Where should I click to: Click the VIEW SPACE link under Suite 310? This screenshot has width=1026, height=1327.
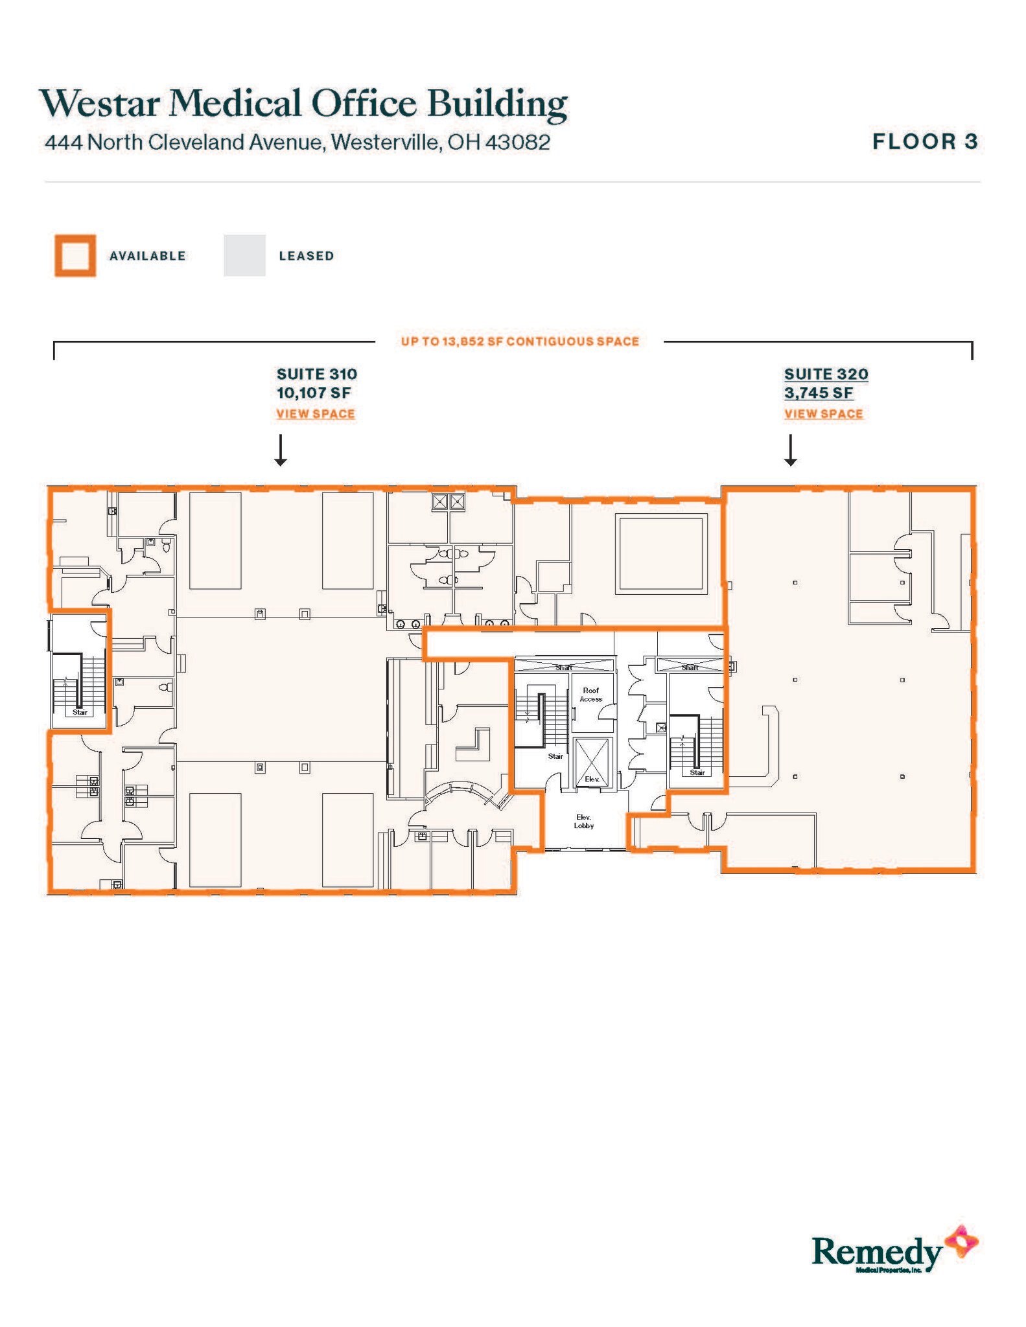[316, 413]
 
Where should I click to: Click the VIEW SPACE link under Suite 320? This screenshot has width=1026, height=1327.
[823, 413]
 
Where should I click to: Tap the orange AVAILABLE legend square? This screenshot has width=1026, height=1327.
[75, 255]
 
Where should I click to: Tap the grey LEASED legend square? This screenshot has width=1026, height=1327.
[244, 255]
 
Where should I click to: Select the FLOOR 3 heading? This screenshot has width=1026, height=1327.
[925, 141]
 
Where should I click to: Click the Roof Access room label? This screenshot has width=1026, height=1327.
[590, 695]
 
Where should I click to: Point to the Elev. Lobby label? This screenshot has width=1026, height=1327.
[583, 822]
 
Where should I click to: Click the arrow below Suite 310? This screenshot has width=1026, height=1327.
[280, 450]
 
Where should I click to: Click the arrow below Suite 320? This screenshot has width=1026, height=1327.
[790, 450]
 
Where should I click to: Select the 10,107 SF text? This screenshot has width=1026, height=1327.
[314, 393]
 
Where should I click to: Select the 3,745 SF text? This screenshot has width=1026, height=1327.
[819, 393]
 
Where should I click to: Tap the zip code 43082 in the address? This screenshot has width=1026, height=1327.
[518, 142]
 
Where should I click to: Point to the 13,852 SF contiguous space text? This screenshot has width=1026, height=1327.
[520, 341]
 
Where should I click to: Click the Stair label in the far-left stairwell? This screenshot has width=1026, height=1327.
[80, 712]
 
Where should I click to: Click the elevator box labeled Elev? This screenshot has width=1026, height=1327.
[592, 763]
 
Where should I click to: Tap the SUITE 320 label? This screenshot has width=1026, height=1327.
[826, 374]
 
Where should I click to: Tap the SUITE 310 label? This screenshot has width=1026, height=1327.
[317, 374]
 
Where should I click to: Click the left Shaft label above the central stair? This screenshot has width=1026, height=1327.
[563, 667]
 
